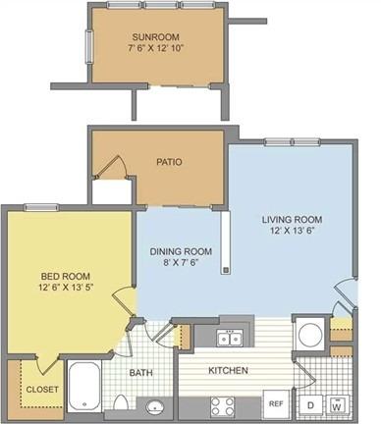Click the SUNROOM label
(x=155, y=36)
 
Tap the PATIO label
(x=169, y=162)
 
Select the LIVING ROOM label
(x=292, y=219)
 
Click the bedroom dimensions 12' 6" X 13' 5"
(x=66, y=287)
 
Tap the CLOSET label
(x=42, y=390)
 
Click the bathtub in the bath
(x=84, y=386)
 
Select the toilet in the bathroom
(x=121, y=402)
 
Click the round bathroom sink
(x=156, y=407)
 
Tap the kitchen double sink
(x=230, y=338)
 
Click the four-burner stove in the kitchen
(x=223, y=406)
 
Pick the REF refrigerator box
(x=276, y=404)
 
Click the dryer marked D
(x=310, y=405)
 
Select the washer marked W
(x=336, y=406)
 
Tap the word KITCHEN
(x=228, y=370)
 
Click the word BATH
(x=140, y=372)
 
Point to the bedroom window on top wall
(x=42, y=207)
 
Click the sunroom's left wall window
(x=89, y=46)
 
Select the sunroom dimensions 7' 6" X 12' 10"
(x=155, y=48)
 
